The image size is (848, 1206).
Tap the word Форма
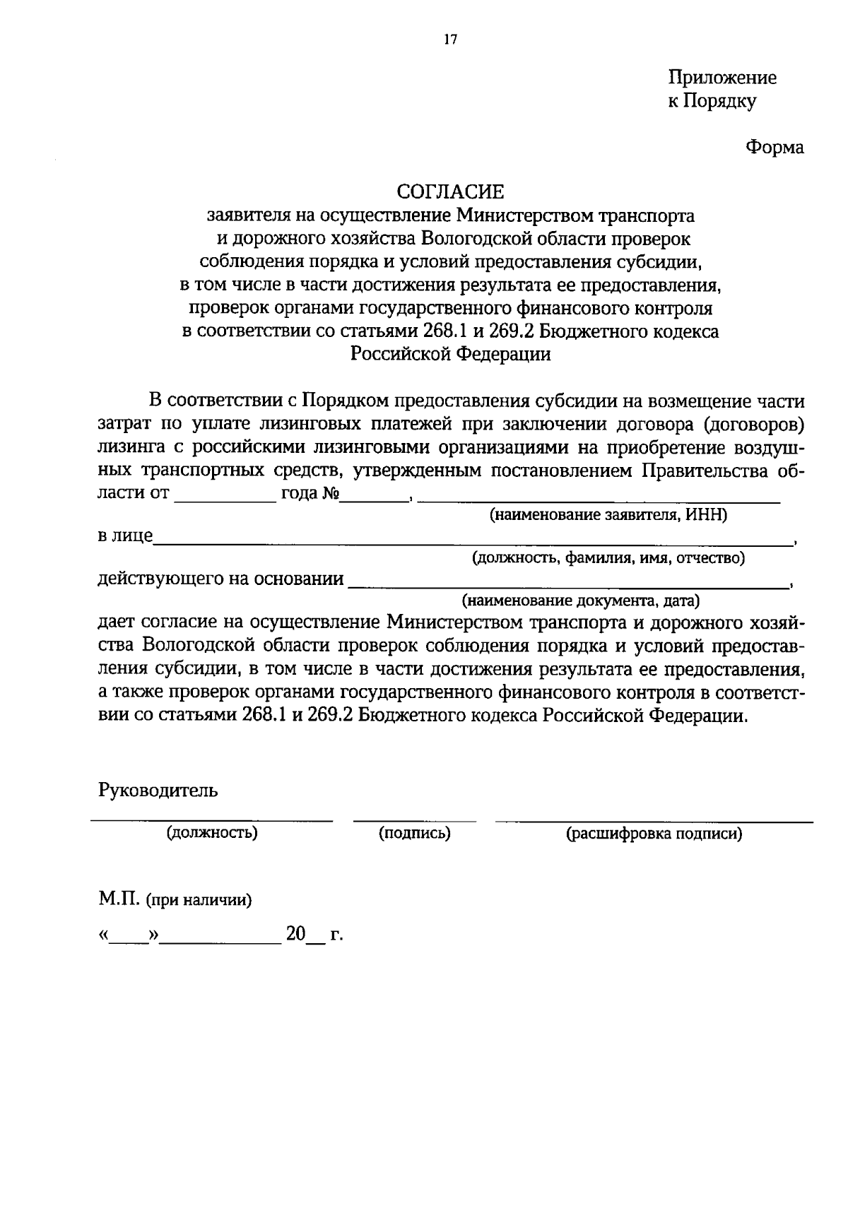click(775, 148)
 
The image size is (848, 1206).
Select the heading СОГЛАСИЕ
click(450, 191)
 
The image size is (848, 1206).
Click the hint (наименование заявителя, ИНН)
click(608, 515)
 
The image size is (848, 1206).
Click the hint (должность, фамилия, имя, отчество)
click(608, 558)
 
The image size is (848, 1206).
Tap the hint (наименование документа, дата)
click(580, 601)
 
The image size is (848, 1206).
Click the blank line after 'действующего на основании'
click(569, 585)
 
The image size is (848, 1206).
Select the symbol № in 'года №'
click(331, 493)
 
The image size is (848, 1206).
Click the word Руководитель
click(158, 790)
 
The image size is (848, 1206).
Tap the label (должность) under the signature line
click(212, 833)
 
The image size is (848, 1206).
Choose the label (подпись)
click(415, 834)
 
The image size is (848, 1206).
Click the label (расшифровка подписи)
click(654, 834)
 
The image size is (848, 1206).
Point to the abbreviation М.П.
click(119, 900)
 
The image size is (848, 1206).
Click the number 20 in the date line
click(295, 934)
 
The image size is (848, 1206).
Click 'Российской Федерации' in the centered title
click(450, 354)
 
